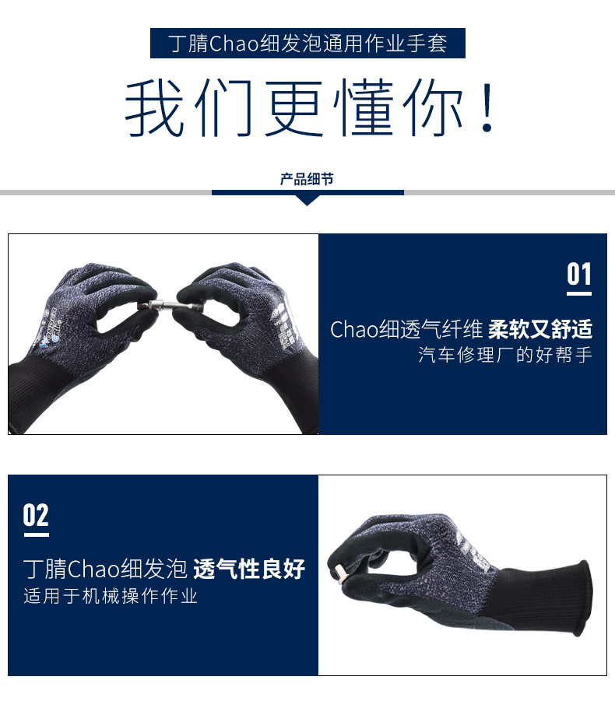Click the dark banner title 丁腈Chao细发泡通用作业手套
(307, 44)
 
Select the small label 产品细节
(307, 179)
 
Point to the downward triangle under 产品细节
(307, 200)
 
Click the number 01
(579, 274)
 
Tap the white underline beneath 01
(579, 294)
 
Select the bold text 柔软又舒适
(540, 329)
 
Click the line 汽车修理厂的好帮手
(505, 355)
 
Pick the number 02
(36, 515)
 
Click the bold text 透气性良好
(249, 569)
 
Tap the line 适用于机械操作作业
(111, 596)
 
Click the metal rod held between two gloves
(170, 307)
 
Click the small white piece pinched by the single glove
(339, 573)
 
